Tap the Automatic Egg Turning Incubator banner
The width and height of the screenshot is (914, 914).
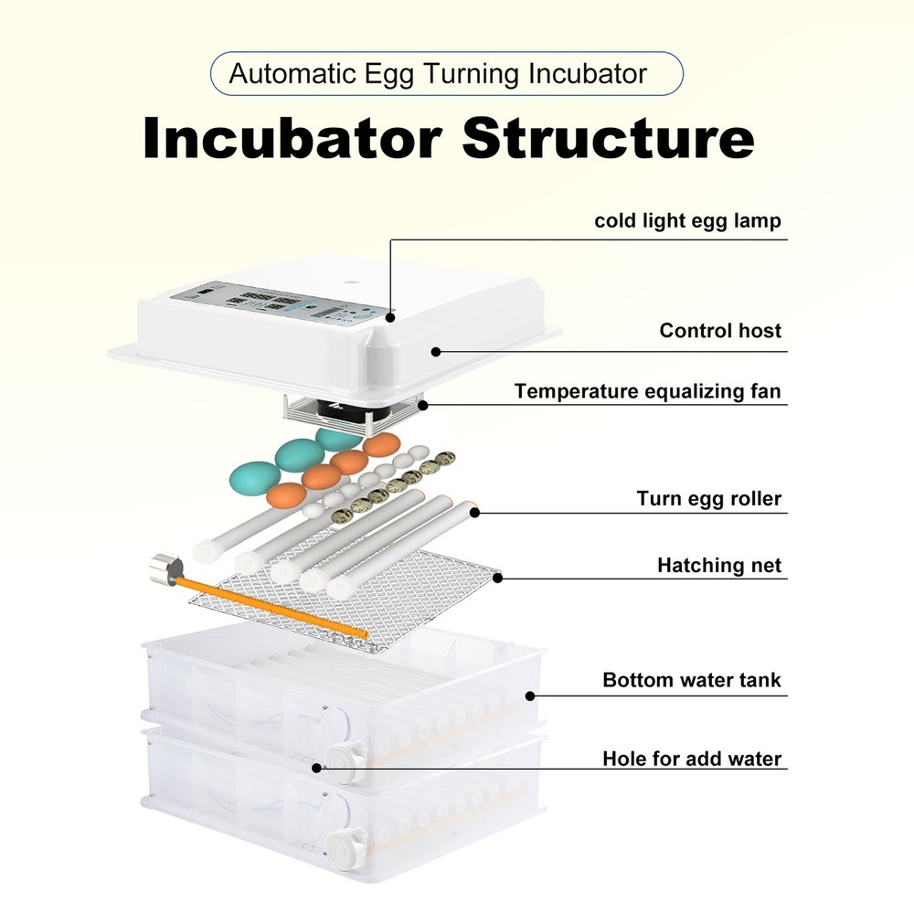(x=446, y=74)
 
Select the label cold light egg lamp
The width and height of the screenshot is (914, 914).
(x=687, y=220)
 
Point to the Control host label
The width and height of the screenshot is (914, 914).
(x=720, y=330)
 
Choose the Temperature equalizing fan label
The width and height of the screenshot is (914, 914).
(x=647, y=391)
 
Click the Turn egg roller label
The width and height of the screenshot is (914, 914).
(x=709, y=499)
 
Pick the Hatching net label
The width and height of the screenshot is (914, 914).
(x=719, y=566)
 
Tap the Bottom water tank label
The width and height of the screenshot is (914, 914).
(x=692, y=680)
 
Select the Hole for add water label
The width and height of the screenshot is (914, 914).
(x=692, y=759)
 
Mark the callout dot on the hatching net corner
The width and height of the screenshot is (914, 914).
(x=499, y=576)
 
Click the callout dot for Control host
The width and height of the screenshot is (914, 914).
(x=436, y=351)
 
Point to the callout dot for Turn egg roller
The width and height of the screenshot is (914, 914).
(x=475, y=512)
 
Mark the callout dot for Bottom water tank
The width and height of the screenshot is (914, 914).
(x=531, y=696)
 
